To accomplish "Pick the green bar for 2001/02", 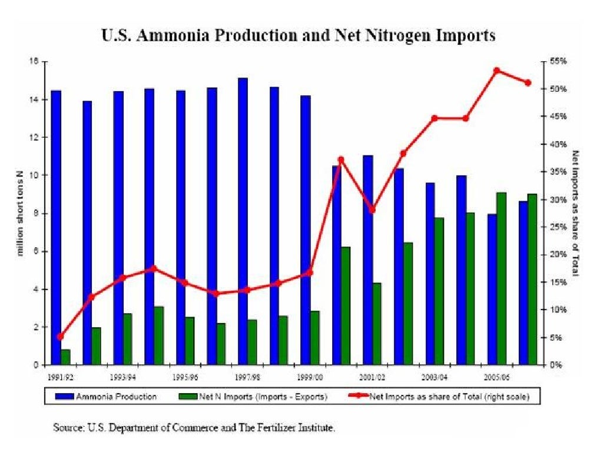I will pyautogui.click(x=376, y=324).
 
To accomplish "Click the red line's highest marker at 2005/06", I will pyautogui.click(x=496, y=70).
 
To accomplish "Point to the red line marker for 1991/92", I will pyautogui.click(x=60, y=337).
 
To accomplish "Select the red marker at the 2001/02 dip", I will pyautogui.click(x=372, y=210).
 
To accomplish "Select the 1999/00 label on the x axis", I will pyautogui.click(x=310, y=375).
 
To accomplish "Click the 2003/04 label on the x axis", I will pyautogui.click(x=435, y=375).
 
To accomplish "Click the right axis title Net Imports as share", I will pyautogui.click(x=576, y=213).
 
